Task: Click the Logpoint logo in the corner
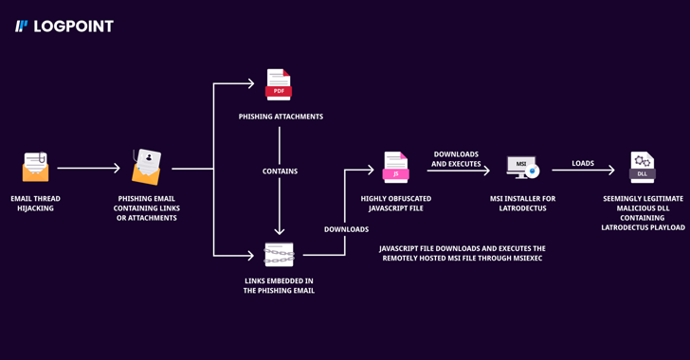click(64, 27)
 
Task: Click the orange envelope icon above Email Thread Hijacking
click(35, 168)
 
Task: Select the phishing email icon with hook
click(147, 168)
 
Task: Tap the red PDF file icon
click(279, 85)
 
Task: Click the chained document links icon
click(279, 254)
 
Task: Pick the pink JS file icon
click(395, 167)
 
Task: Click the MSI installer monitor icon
click(522, 168)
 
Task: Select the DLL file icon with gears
click(642, 167)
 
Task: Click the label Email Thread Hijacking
click(35, 204)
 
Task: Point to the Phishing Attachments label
click(281, 117)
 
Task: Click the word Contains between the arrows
click(280, 171)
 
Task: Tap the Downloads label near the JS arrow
click(346, 229)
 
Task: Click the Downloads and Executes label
click(456, 159)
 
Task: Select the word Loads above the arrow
click(583, 163)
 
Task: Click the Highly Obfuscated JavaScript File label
click(395, 204)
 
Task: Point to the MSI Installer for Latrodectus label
click(522, 204)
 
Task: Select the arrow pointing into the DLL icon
click(583, 171)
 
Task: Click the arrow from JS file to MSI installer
click(458, 171)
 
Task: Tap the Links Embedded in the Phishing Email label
click(279, 285)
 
